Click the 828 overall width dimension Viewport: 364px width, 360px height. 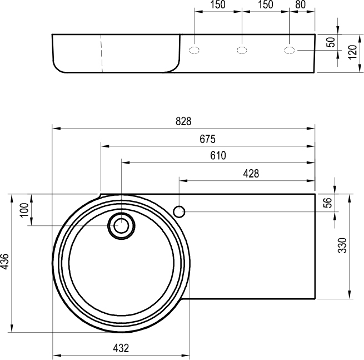[x=183, y=121]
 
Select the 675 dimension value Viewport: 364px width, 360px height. [x=207, y=139]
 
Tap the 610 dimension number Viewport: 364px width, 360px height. [x=218, y=155]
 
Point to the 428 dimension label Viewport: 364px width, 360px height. [x=251, y=174]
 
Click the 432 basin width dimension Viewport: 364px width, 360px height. [x=121, y=348]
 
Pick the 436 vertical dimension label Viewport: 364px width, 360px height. [x=4, y=262]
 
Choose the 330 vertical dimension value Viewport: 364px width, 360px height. [x=342, y=245]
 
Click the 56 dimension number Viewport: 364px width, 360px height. [x=328, y=203]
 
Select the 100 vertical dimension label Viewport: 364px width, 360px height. [x=24, y=210]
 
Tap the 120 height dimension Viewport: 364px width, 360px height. [x=352, y=52]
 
